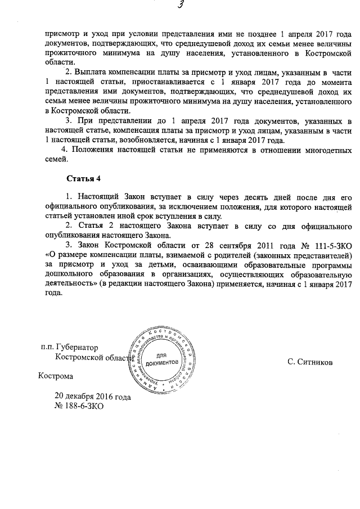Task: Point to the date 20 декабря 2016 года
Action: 92,396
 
